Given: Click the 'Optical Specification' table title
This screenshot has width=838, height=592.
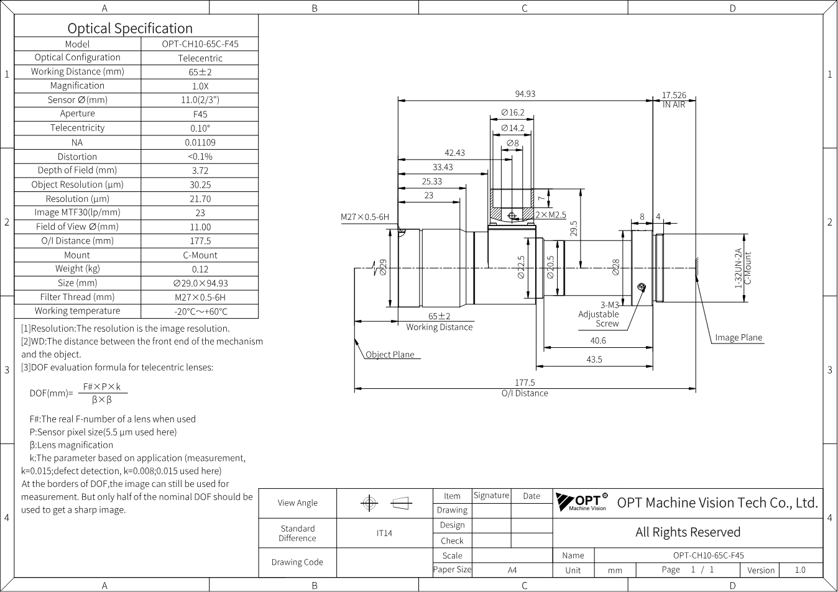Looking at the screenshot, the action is (x=130, y=28).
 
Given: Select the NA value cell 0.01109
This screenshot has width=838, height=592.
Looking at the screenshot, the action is (x=200, y=142).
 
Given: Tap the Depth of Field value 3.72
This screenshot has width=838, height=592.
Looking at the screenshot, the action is (x=200, y=171).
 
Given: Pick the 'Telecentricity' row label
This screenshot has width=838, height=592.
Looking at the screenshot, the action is (x=78, y=128).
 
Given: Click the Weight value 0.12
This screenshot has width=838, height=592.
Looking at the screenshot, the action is (x=200, y=269).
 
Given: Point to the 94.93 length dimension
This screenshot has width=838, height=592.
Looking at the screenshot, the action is (x=525, y=94).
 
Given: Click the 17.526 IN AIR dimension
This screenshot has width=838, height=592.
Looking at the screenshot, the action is (x=674, y=100).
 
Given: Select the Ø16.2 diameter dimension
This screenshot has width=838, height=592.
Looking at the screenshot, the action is (x=512, y=112).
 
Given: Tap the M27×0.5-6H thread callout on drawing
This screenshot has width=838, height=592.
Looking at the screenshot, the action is (x=365, y=217).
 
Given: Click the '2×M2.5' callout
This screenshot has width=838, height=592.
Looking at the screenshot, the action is (x=550, y=215).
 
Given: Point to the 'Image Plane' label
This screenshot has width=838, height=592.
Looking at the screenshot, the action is (x=739, y=337).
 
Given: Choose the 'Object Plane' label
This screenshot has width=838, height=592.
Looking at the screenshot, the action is (x=390, y=354).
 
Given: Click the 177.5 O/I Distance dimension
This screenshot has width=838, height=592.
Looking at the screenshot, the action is (x=525, y=388).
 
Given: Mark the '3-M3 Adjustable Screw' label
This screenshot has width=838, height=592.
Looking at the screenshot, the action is (x=599, y=314).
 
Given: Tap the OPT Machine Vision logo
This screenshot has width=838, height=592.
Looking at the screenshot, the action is (x=581, y=502).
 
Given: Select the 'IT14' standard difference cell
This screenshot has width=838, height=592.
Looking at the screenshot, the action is (x=384, y=533).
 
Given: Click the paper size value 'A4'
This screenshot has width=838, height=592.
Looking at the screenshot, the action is (x=512, y=570).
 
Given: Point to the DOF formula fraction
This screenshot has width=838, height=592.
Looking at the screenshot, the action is (x=102, y=393).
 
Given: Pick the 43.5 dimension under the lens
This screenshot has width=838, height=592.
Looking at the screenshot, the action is (x=594, y=360).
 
